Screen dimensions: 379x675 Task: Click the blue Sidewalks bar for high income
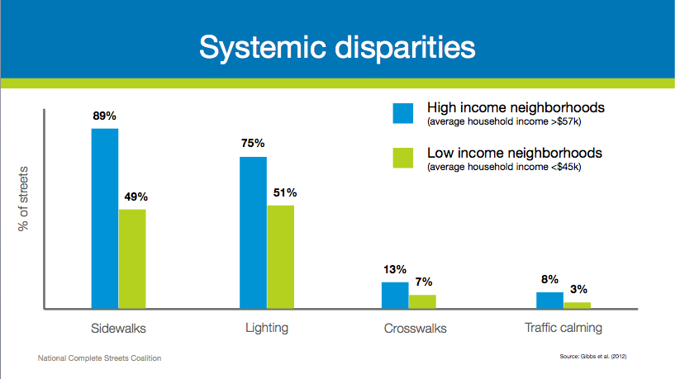[x=105, y=219]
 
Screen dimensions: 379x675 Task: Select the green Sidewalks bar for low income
[x=132, y=258]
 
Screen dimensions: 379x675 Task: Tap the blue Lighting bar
[x=253, y=233]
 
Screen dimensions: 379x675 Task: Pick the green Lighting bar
[x=280, y=257]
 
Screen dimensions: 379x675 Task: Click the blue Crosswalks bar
[x=395, y=295]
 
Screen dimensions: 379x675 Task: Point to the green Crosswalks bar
[x=422, y=301]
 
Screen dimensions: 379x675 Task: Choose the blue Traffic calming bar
[x=549, y=300]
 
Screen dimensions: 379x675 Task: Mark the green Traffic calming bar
[x=577, y=305]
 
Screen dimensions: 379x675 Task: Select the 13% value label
[x=394, y=269]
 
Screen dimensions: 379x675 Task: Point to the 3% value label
[x=578, y=289]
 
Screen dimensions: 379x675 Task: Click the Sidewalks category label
[x=118, y=328]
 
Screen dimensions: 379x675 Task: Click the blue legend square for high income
[x=402, y=112]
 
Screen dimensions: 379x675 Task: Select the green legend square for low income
[x=402, y=158]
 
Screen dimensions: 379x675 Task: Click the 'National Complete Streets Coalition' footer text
[x=99, y=358]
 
